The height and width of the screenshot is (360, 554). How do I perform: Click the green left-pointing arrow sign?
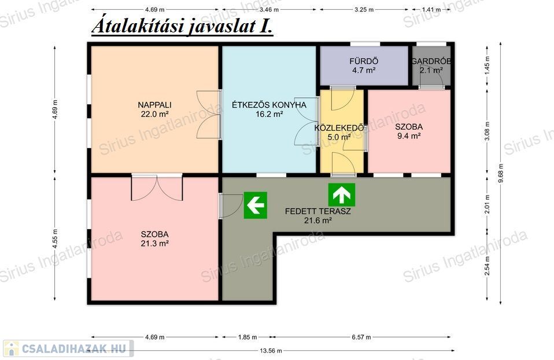click(256, 205)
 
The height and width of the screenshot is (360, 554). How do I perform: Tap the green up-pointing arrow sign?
click(342, 195)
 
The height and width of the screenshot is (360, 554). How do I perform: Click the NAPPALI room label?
click(154, 105)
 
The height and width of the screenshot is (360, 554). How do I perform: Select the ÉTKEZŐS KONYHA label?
click(269, 105)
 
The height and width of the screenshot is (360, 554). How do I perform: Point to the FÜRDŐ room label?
click(364, 61)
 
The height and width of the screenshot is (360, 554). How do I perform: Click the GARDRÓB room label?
click(431, 61)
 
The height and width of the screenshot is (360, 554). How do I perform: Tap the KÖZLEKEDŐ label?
click(339, 128)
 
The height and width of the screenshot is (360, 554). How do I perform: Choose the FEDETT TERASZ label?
click(317, 211)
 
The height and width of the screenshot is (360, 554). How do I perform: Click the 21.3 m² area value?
click(154, 243)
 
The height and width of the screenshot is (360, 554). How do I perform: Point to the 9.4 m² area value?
click(409, 136)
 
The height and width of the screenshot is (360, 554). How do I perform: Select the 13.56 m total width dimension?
click(271, 351)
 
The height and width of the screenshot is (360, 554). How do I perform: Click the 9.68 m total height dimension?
click(501, 173)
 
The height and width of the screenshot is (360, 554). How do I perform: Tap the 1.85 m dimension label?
click(248, 337)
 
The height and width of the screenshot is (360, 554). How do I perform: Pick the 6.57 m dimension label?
click(361, 337)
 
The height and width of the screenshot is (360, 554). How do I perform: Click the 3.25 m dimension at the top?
click(364, 9)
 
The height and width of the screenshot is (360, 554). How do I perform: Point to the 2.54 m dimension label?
click(487, 266)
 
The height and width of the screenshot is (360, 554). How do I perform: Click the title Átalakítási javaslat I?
click(182, 25)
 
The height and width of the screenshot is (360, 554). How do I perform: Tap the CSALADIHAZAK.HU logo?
click(69, 348)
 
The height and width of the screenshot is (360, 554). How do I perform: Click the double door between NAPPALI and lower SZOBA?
click(157, 188)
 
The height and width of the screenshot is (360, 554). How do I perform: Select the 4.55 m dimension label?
click(55, 238)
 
